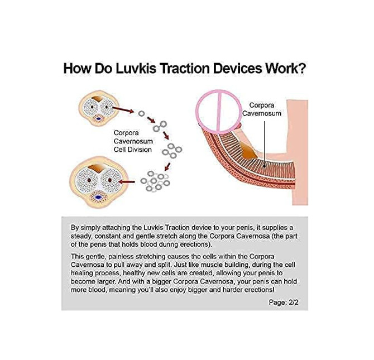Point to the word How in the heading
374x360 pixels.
click(x=76, y=69)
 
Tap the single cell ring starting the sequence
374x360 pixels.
click(x=140, y=113)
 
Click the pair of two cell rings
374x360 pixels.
click(x=161, y=124)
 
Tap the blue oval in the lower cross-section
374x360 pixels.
click(x=98, y=196)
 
